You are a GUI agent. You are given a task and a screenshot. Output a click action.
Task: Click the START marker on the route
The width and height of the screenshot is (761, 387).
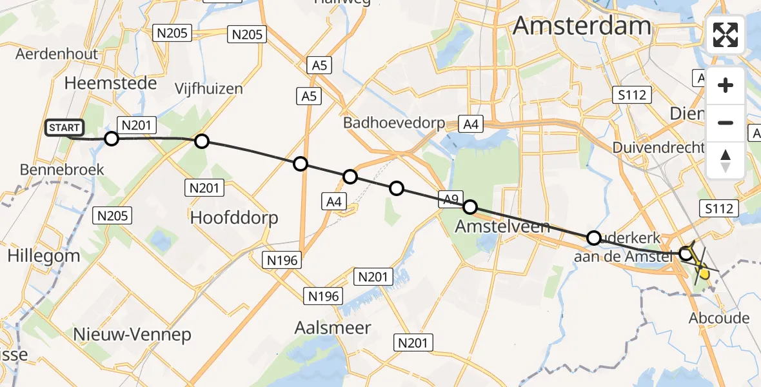click(64, 128)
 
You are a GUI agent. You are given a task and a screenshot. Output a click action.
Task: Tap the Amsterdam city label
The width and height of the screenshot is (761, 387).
click(582, 26)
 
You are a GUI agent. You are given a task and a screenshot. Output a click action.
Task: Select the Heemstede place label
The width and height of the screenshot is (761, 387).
click(111, 83)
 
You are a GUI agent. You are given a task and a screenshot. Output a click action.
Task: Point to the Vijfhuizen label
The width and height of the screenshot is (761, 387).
click(209, 89)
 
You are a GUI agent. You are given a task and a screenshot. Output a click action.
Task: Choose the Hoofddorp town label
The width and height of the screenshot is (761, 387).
click(234, 218)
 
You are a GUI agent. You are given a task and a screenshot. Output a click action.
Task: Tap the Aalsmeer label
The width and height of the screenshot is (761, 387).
click(333, 328)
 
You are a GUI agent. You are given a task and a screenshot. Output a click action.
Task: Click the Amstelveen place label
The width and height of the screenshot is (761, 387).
click(502, 226)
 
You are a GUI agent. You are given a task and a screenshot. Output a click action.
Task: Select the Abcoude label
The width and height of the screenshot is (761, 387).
click(719, 318)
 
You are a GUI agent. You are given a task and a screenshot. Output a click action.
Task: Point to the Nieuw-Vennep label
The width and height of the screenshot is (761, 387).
click(132, 335)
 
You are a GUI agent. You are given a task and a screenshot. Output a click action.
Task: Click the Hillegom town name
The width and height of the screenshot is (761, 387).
click(44, 255)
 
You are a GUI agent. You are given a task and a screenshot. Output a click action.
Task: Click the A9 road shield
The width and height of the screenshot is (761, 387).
click(450, 199)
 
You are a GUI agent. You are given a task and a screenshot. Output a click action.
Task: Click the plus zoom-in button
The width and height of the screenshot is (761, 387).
click(726, 85)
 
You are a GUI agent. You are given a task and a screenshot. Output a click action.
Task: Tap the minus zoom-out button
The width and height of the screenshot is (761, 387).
click(726, 123)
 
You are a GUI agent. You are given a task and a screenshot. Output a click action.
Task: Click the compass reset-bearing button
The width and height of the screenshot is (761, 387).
click(726, 160)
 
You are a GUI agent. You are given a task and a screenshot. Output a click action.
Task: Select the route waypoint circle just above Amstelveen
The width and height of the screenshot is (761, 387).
click(470, 207)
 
